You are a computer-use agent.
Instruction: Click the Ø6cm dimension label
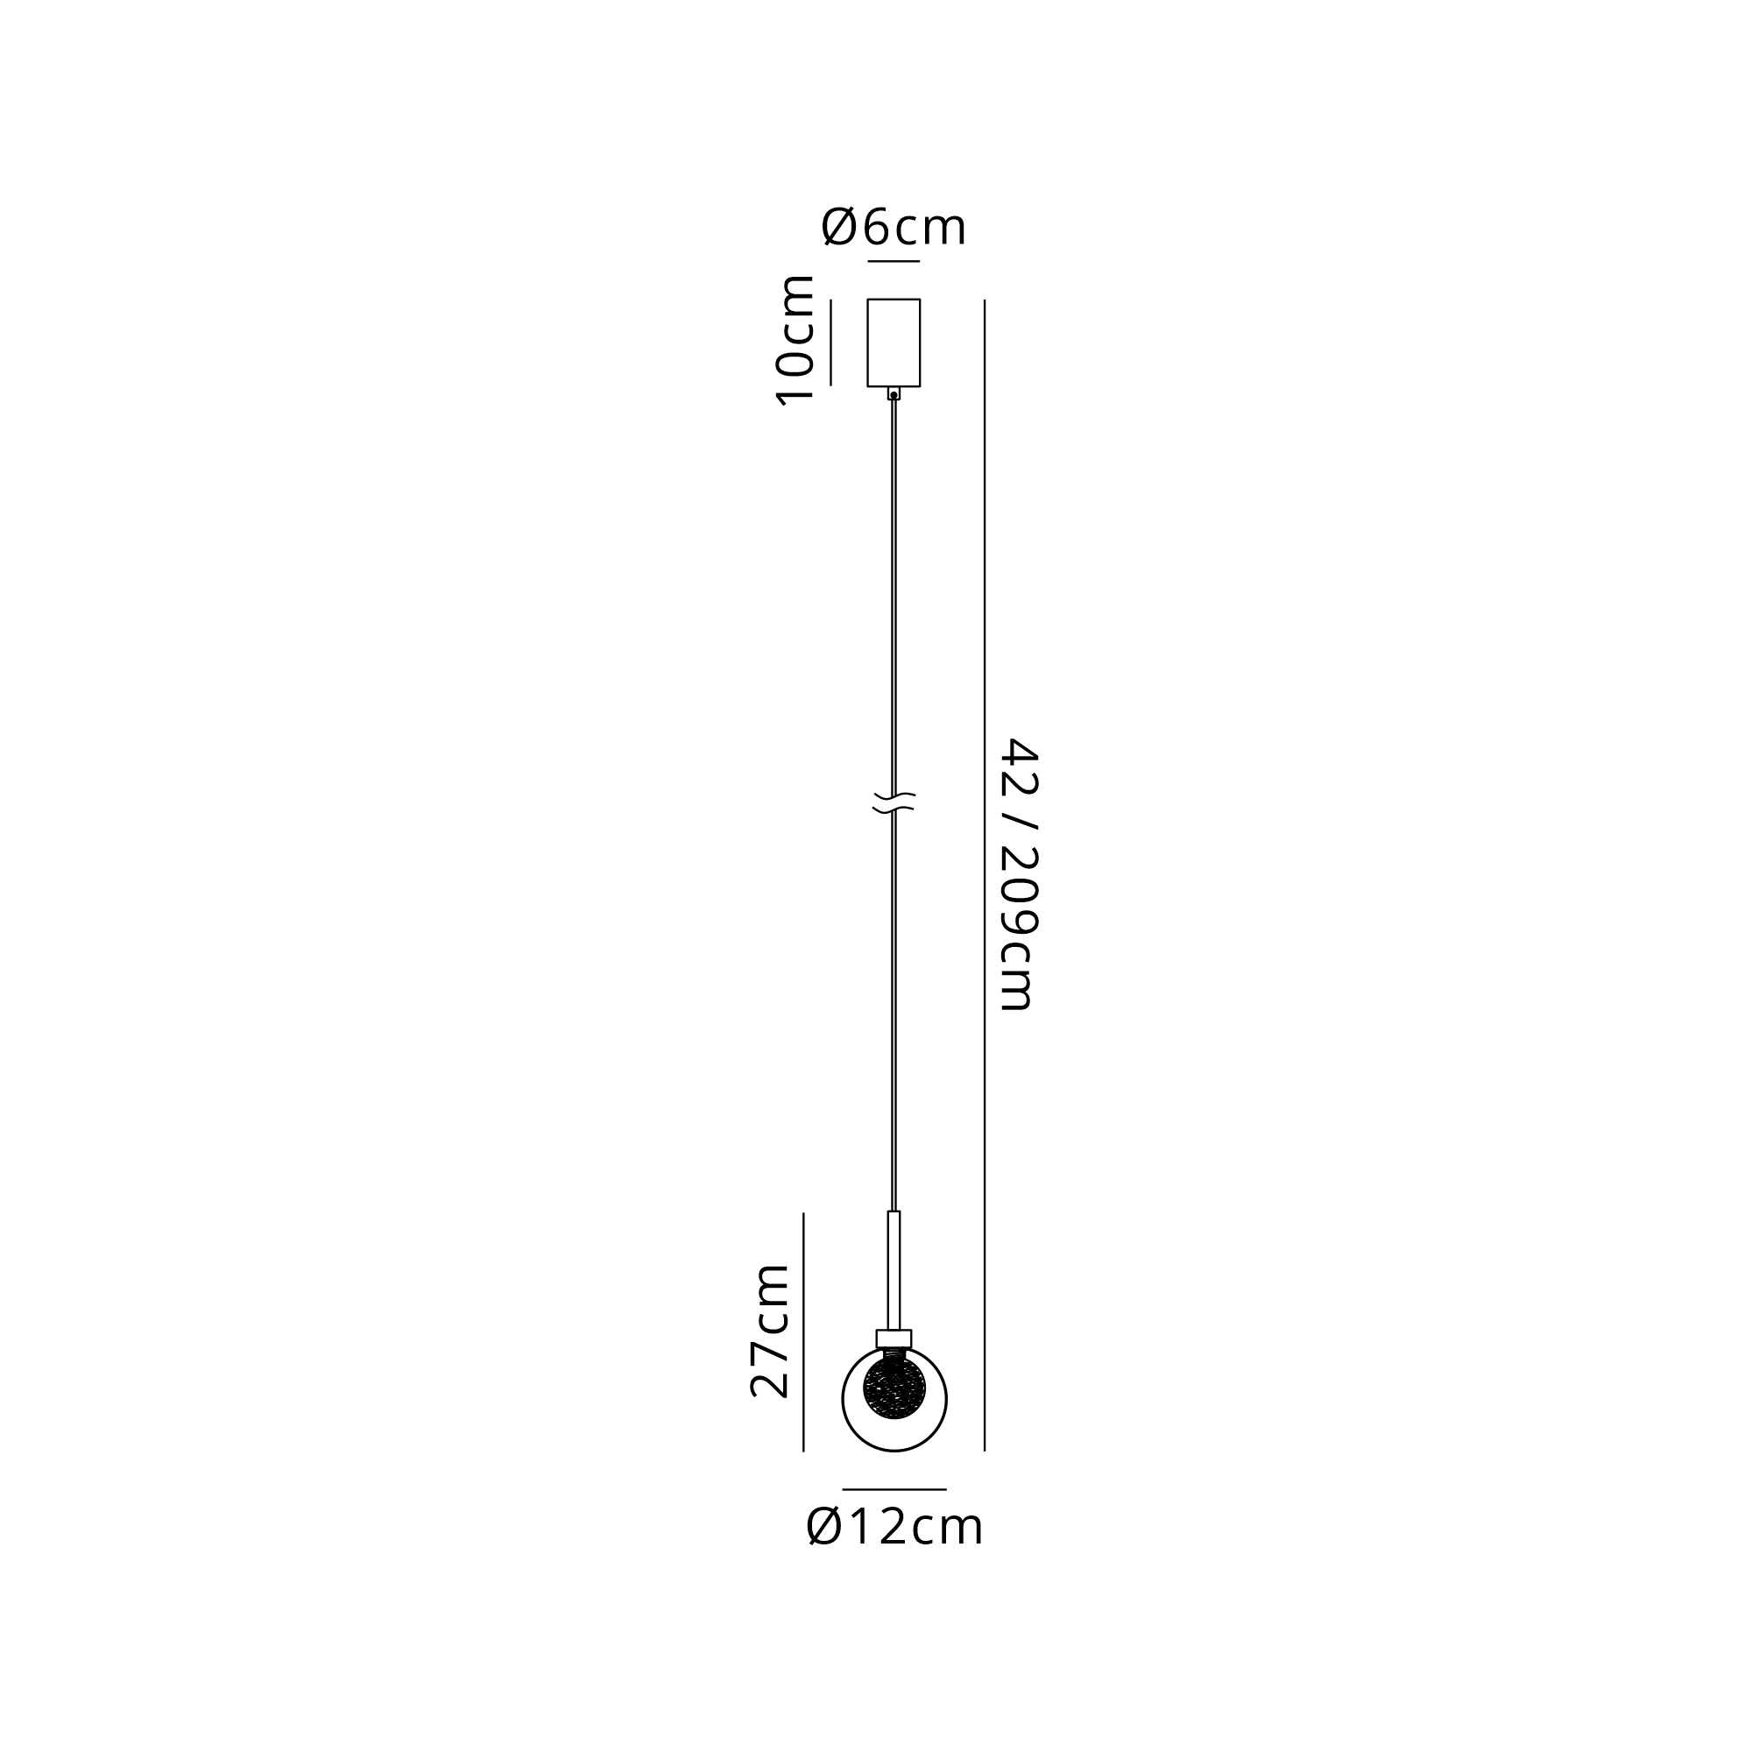tap(894, 227)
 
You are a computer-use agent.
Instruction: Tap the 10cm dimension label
tap(795, 339)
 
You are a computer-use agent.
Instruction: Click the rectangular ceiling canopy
tap(894, 343)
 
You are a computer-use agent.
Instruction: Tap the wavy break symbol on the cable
tap(894, 802)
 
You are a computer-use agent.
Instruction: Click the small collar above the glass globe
tap(894, 1339)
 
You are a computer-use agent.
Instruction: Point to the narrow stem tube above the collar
tap(894, 1270)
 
